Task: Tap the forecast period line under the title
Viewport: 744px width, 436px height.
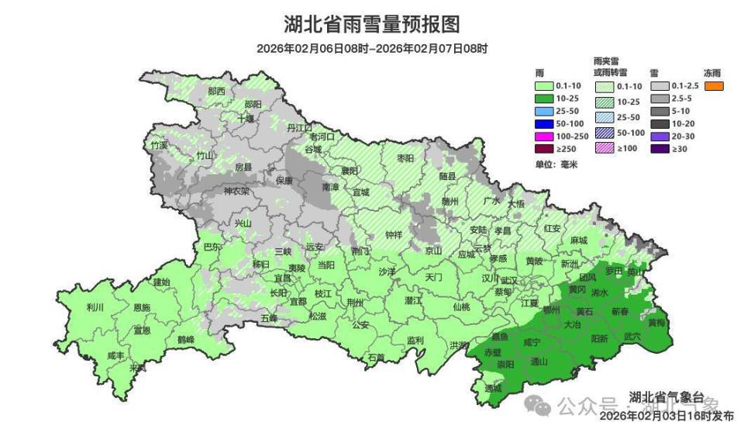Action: tap(372, 48)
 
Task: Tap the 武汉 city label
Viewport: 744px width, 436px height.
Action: tap(509, 281)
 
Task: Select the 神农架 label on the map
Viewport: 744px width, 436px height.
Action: tap(236, 191)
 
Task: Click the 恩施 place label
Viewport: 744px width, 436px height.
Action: tap(141, 307)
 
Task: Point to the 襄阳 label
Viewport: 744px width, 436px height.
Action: tap(350, 171)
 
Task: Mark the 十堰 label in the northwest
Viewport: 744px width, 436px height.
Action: tap(245, 119)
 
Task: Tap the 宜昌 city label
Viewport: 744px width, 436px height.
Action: tap(283, 277)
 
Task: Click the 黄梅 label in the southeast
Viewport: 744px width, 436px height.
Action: tap(656, 322)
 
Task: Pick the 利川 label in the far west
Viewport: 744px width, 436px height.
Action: tap(95, 307)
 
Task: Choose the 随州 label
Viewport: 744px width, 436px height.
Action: tap(450, 201)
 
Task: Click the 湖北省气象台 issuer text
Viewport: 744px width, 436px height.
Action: tap(666, 398)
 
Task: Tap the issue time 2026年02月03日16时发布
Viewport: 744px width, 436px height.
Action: tap(666, 417)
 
